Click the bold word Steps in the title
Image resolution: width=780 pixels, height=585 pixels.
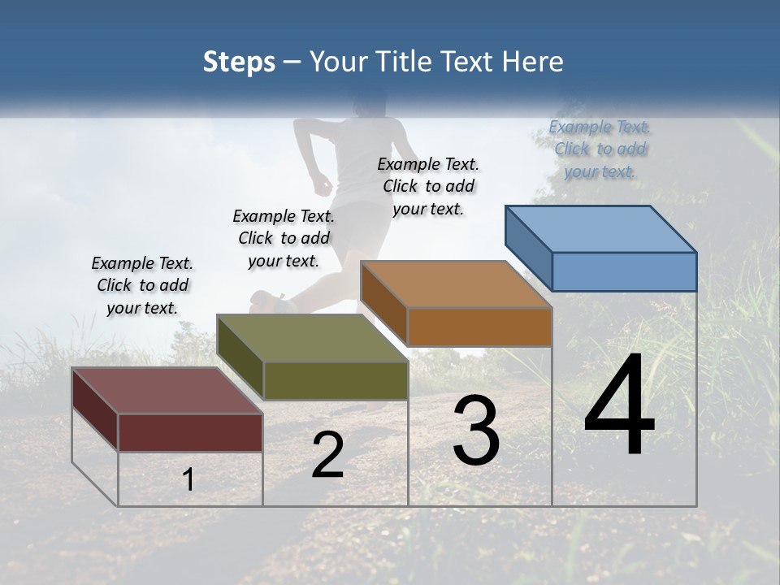[238, 63]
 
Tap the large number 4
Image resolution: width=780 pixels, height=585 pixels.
[619, 406]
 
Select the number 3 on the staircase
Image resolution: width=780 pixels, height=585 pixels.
[476, 431]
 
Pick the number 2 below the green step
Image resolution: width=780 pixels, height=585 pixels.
[328, 455]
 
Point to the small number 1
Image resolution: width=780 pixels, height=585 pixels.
[188, 479]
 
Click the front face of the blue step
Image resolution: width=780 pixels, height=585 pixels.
[624, 271]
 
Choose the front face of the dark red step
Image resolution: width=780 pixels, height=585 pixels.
[190, 432]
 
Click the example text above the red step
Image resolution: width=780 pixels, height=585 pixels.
[142, 285]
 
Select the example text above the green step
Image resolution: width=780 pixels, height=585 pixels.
[284, 238]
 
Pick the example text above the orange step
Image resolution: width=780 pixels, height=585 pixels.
[428, 186]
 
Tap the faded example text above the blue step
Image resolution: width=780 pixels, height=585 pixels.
[600, 149]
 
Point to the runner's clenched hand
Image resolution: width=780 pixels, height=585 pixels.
[323, 184]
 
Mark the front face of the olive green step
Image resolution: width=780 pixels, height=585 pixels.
[336, 380]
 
